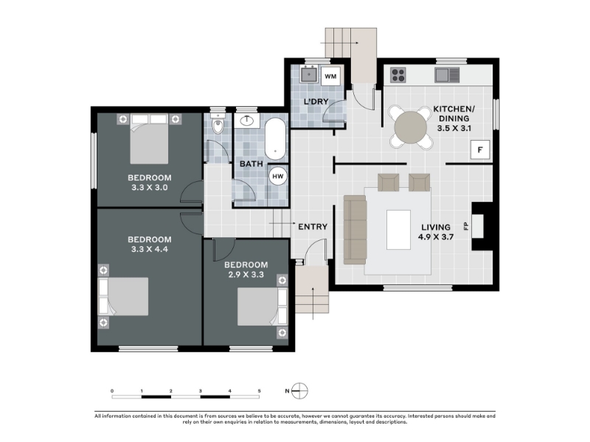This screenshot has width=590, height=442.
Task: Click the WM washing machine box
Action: (330, 77)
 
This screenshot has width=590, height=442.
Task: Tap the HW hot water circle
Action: (278, 176)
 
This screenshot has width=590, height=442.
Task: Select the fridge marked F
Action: (480, 150)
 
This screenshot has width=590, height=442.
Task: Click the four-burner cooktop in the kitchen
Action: (398, 75)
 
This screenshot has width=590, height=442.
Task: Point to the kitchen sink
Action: (448, 75)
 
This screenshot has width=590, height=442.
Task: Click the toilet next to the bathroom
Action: (218, 123)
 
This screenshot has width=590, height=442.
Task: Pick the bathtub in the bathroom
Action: (275, 139)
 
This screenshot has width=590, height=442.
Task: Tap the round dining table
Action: (411, 127)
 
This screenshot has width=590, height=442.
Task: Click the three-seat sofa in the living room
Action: (355, 229)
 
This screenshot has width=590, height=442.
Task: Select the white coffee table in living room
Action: (398, 230)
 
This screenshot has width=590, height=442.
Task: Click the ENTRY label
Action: (313, 227)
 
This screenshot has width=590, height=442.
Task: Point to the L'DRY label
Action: (316, 102)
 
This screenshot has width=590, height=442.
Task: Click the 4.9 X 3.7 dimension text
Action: (436, 236)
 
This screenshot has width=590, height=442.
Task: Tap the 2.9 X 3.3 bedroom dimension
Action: (246, 274)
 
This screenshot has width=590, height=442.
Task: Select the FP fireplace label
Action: (466, 226)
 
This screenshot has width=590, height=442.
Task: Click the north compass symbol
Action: (299, 391)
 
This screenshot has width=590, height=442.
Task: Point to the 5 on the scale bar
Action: (260, 391)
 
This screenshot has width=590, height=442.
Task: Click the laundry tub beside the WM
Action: (309, 74)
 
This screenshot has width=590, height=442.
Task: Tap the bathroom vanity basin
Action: (246, 121)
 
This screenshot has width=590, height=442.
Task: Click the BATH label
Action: (251, 164)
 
